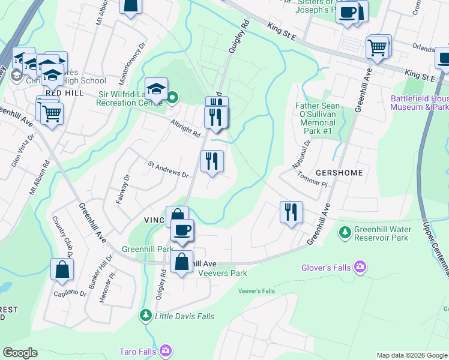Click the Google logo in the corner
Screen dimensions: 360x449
(x=20, y=353)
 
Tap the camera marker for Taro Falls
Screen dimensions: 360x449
(x=166, y=350)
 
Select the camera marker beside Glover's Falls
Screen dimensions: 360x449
(x=360, y=266)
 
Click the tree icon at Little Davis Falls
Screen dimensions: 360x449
(x=145, y=315)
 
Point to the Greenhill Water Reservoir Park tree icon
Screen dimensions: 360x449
(x=345, y=232)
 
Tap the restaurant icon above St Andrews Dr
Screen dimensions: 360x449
(x=211, y=161)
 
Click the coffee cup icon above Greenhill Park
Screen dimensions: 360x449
(x=182, y=229)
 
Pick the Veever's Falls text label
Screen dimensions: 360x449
(x=256, y=291)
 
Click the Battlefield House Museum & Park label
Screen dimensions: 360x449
(x=419, y=103)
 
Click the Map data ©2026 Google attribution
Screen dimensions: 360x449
(x=412, y=355)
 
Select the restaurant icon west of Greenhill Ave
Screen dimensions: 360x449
(x=291, y=212)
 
